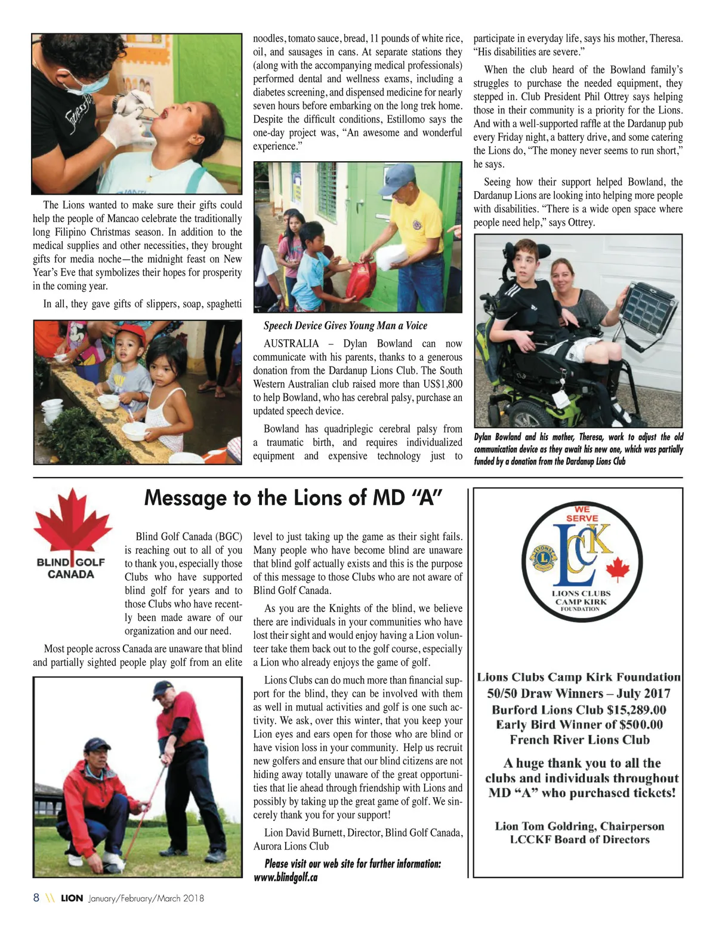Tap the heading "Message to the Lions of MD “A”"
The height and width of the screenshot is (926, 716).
click(x=293, y=497)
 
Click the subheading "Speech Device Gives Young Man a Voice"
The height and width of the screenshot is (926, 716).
click(x=345, y=325)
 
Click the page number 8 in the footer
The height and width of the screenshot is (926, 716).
click(x=36, y=898)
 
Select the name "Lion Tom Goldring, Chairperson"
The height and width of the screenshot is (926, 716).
click(x=579, y=826)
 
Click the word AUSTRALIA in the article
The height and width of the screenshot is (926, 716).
click(x=291, y=344)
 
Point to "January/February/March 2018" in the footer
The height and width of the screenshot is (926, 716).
click(x=146, y=898)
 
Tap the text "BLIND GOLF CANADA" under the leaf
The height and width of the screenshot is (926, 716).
click(x=71, y=568)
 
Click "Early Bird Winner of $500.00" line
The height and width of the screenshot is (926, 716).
click(x=579, y=725)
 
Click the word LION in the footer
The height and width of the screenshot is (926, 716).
click(x=72, y=898)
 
